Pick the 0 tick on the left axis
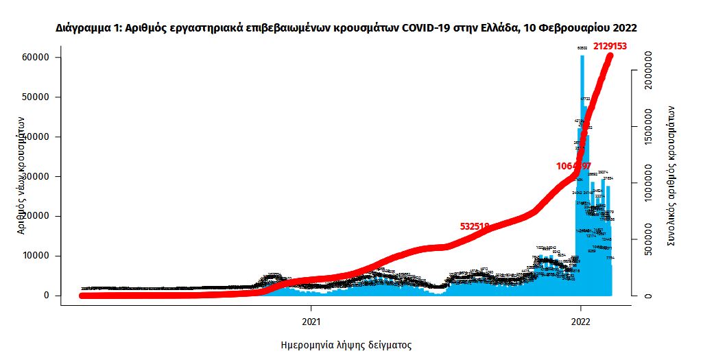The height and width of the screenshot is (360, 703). coord(47,296)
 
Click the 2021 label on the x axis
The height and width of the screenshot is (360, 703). coord(311,321)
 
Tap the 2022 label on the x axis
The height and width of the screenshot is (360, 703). coord(581,321)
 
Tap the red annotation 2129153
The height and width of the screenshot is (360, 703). coord(610,46)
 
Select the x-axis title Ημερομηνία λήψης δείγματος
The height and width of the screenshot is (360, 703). coord(346,345)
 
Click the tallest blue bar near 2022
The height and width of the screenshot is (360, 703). coord(582,171)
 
